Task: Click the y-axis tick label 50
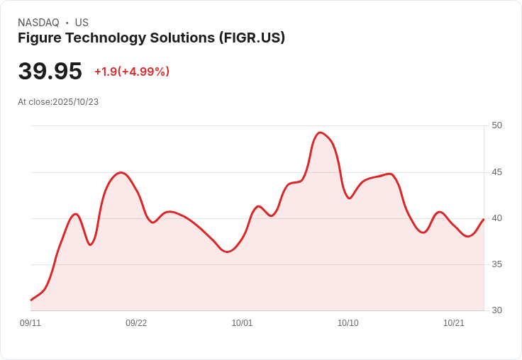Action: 496,125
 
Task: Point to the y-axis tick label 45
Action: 496,172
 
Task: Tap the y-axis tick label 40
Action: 496,218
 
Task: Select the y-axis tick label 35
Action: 496,264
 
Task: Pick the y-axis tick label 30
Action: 496,310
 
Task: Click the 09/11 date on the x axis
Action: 30,323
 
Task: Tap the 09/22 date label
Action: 136,323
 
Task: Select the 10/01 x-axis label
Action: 242,323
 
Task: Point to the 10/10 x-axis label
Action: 348,323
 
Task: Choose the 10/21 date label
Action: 454,323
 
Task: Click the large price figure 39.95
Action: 50,72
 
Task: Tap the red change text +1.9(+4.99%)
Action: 132,72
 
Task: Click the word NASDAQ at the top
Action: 38,23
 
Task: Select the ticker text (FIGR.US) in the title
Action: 252,38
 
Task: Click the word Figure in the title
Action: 39,38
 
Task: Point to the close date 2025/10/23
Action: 75,102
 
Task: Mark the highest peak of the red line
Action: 321,133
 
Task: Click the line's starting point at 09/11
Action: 30,300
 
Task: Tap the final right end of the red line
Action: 484,219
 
